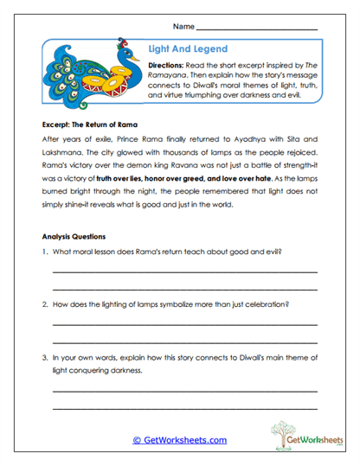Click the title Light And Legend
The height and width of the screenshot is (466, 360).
(x=189, y=51)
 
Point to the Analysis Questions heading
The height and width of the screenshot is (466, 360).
(x=74, y=236)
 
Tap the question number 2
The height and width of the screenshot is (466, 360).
(x=44, y=304)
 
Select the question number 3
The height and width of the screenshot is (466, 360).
(x=44, y=357)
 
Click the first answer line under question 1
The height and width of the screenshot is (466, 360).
(x=184, y=271)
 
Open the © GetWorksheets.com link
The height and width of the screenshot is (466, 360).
(x=180, y=439)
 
